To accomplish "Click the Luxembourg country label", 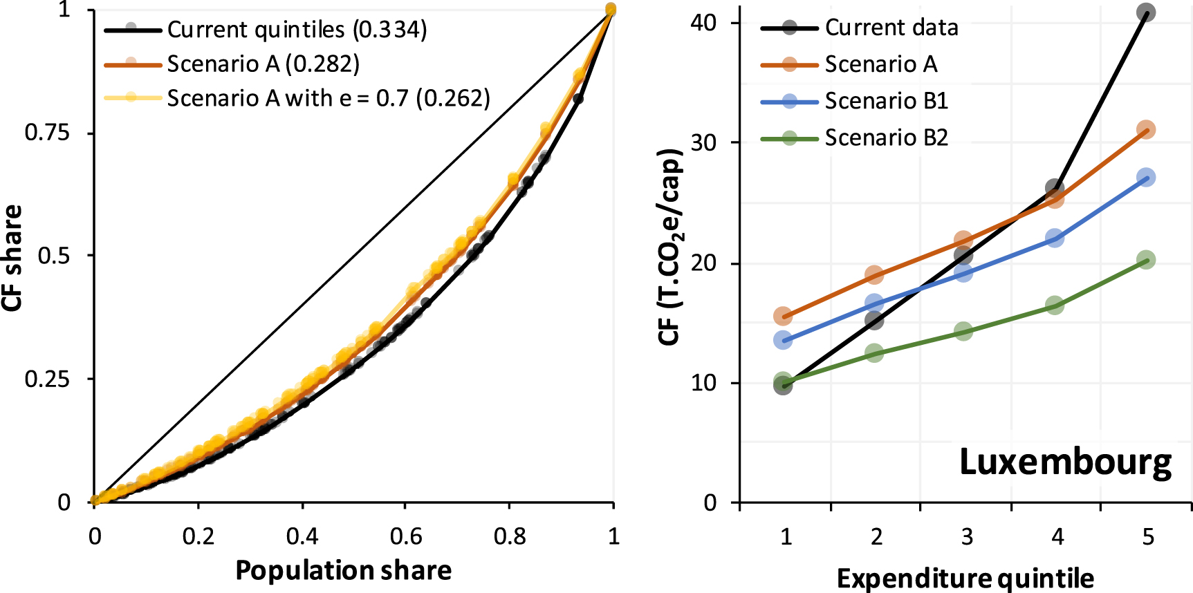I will [x=1065, y=462].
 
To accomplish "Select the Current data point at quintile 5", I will [x=1146, y=12].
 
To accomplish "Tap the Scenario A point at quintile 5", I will [x=1146, y=130].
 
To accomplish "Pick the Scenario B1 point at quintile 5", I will [x=1146, y=178].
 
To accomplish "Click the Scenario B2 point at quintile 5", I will [x=1146, y=260].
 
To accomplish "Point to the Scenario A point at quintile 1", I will [x=783, y=317].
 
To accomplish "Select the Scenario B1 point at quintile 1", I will [x=783, y=340].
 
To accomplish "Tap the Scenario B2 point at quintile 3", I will [x=963, y=331].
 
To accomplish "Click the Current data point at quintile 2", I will [x=874, y=320].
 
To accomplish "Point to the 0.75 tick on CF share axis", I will [x=47, y=133].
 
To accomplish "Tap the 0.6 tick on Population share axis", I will [x=406, y=536].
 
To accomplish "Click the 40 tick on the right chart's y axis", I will [x=703, y=23].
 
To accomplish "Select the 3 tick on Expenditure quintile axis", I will [x=967, y=537].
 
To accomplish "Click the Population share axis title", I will [x=343, y=570].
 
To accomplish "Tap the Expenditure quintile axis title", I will [x=965, y=578].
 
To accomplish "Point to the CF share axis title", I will [x=12, y=258].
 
